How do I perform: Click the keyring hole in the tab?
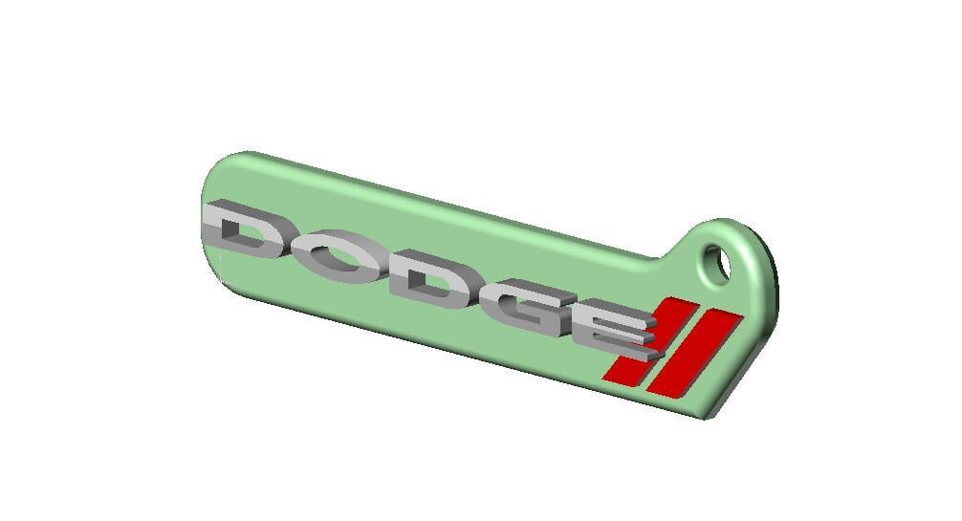718,261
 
